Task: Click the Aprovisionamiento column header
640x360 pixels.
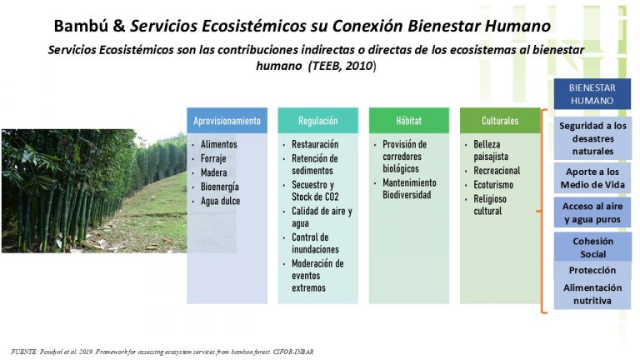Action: pos(227,120)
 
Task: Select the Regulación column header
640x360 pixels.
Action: pos(318,120)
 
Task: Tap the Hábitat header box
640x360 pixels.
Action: pos(409,120)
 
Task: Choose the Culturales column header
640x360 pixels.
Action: pos(500,120)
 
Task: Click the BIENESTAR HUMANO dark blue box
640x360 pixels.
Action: pos(592,94)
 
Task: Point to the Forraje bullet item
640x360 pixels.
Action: pos(213,158)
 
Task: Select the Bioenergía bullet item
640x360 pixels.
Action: pos(220,187)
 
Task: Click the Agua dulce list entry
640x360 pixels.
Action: pos(220,201)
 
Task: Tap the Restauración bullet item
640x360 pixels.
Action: pos(315,144)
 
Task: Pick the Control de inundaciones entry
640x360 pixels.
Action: pos(315,243)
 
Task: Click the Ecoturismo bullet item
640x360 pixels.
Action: pos(493,185)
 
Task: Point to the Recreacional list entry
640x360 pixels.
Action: pos(497,171)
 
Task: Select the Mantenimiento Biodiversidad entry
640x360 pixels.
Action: pos(409,188)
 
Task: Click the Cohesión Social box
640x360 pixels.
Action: pos(592,247)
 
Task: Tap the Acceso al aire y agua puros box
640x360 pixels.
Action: pos(592,212)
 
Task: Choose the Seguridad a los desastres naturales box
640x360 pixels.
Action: pos(592,138)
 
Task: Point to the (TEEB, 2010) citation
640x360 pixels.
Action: pos(342,66)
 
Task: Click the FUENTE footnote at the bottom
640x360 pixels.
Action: pos(162,352)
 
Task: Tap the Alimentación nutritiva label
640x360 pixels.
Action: pos(592,294)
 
